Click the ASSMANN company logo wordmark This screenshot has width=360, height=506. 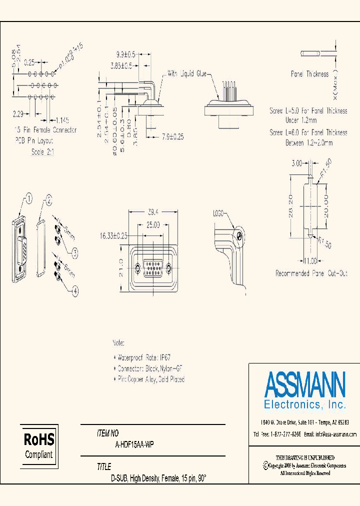(x=304, y=384)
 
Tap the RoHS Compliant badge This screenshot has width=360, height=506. (x=39, y=446)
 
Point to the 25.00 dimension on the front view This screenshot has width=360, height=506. (x=153, y=225)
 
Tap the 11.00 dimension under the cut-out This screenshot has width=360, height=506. (x=310, y=260)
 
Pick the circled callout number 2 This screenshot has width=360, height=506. (x=48, y=200)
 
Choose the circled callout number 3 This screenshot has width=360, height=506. (x=75, y=253)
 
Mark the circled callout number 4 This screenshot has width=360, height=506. (x=75, y=290)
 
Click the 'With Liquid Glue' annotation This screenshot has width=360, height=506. (x=187, y=73)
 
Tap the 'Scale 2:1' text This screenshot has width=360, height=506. (x=42, y=151)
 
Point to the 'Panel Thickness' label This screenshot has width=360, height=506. (x=310, y=74)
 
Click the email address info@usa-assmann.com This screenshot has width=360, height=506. (x=336, y=434)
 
